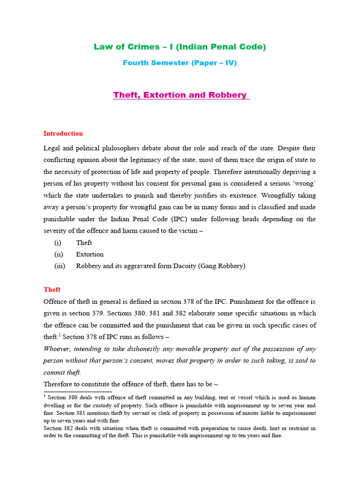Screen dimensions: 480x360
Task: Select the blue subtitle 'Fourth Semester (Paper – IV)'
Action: pos(180,63)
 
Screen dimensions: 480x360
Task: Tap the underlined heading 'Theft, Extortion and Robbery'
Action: pos(180,95)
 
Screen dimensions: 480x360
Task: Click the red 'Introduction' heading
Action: pos(63,134)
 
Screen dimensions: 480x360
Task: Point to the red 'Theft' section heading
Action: pos(52,290)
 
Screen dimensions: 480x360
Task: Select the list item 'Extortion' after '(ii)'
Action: pos(90,255)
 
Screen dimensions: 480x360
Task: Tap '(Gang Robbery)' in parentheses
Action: pos(222,266)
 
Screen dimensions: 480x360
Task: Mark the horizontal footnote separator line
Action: pos(77,391)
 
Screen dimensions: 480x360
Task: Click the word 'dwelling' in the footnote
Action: pos(55,405)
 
